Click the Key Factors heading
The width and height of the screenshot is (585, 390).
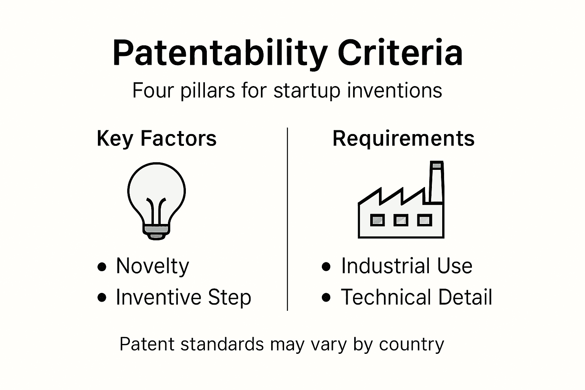[157, 138]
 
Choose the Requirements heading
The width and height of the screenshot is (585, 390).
[403, 138]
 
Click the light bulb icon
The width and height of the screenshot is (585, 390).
[157, 198]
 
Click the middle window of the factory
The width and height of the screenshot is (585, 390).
[400, 220]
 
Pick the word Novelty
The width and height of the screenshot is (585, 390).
[152, 266]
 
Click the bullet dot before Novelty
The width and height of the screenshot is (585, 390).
[102, 267]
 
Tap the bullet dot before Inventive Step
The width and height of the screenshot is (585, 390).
[102, 297]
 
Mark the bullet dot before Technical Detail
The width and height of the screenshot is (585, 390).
[326, 297]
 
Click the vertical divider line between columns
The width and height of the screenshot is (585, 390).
[287, 219]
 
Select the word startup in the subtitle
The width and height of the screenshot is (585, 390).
[307, 91]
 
